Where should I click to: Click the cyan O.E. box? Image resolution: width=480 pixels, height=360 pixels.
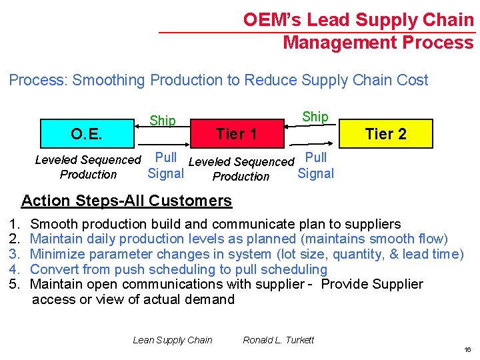[87, 135]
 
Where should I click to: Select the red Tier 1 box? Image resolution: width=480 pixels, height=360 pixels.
[236, 135]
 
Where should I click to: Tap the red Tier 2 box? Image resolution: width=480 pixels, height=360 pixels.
[385, 134]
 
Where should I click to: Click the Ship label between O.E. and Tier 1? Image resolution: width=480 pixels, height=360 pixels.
[163, 121]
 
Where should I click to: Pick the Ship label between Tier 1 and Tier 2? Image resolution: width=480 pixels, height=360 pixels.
[315, 116]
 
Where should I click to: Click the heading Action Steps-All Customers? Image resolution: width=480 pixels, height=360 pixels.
[127, 201]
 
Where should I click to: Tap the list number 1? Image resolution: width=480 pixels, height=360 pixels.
[14, 224]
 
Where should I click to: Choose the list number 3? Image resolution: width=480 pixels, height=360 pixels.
[14, 254]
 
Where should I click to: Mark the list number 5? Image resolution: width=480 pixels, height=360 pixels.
[14, 285]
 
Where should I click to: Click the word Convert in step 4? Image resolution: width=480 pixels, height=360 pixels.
[53, 269]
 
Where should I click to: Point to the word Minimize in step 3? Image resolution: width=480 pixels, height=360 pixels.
[59, 254]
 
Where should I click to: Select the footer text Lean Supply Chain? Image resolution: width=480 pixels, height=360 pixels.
[173, 340]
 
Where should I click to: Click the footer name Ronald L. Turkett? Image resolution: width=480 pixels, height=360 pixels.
[279, 340]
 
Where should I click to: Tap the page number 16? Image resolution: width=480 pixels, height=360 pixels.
[467, 349]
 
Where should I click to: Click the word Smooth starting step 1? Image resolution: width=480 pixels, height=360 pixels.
[53, 224]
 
